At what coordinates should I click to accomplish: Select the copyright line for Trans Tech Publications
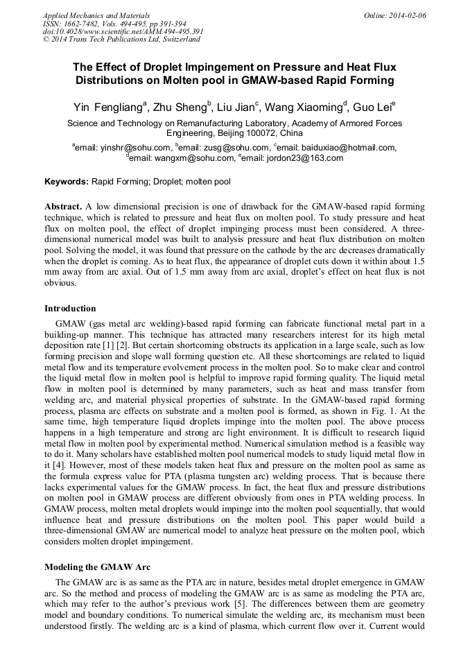121,40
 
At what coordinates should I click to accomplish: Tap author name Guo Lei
372,107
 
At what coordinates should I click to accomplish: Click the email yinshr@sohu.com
136,148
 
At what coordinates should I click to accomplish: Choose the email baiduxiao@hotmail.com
336,148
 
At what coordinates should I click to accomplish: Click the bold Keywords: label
67,182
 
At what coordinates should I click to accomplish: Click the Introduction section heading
70,309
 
